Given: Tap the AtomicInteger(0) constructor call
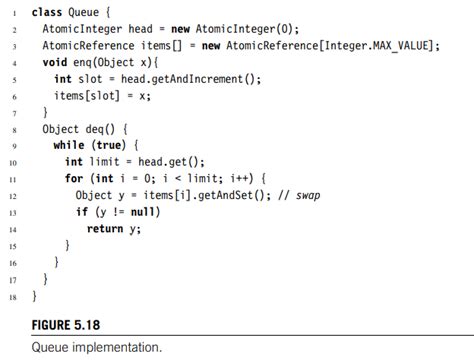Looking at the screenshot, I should tap(266, 29).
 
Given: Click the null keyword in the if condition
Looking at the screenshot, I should tap(150, 212).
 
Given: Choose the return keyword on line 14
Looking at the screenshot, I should tap(105, 229).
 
